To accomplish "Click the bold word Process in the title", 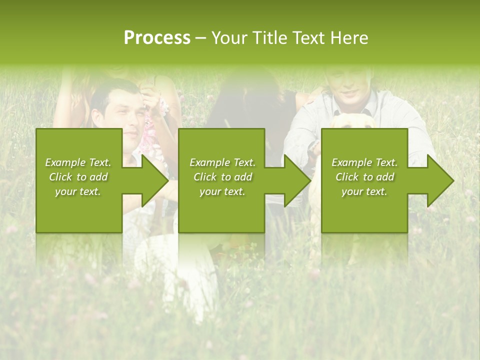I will [157, 38].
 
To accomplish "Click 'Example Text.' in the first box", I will [78, 162].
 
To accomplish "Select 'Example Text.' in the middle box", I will [222, 162].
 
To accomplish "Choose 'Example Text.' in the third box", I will [364, 162].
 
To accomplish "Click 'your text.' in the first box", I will [78, 191].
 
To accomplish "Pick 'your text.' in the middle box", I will [222, 191].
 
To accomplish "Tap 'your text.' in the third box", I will [364, 191].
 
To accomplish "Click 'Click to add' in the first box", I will [78, 177].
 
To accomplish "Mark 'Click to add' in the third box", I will [364, 177].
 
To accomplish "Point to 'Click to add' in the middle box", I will [222, 177].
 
